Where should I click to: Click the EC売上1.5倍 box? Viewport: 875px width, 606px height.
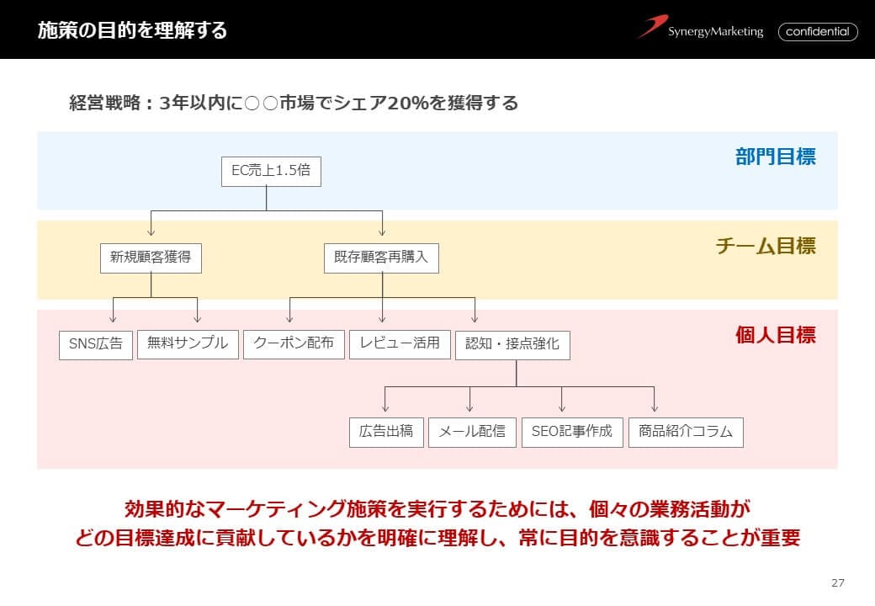coord(271,171)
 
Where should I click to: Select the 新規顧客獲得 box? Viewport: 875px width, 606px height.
coord(151,258)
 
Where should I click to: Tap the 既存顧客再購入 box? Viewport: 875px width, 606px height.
coord(381,258)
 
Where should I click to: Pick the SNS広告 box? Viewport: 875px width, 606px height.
coord(96,344)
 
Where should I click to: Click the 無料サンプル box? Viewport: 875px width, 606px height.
coord(188,343)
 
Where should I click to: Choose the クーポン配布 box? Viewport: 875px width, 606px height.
coord(294,343)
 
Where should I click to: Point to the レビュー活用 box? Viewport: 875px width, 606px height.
coord(400,343)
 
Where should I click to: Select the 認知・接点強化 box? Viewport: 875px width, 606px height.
coord(512,344)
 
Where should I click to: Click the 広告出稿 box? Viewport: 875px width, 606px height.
coord(386,432)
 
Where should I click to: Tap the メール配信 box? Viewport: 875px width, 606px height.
coord(472,432)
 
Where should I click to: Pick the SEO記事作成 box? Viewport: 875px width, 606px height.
coord(572,432)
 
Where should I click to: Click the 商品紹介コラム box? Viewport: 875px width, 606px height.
coord(686,432)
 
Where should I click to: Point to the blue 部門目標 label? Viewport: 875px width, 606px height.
coord(775,157)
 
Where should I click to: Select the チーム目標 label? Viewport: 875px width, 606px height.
coord(765,247)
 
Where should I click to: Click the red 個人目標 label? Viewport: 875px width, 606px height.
coord(775,335)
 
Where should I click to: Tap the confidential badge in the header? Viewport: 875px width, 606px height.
coord(818,32)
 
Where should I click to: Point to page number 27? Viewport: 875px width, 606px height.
coord(837,582)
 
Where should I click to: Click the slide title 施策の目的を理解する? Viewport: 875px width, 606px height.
coord(132,31)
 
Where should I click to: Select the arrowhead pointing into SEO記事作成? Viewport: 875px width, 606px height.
coord(562,408)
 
